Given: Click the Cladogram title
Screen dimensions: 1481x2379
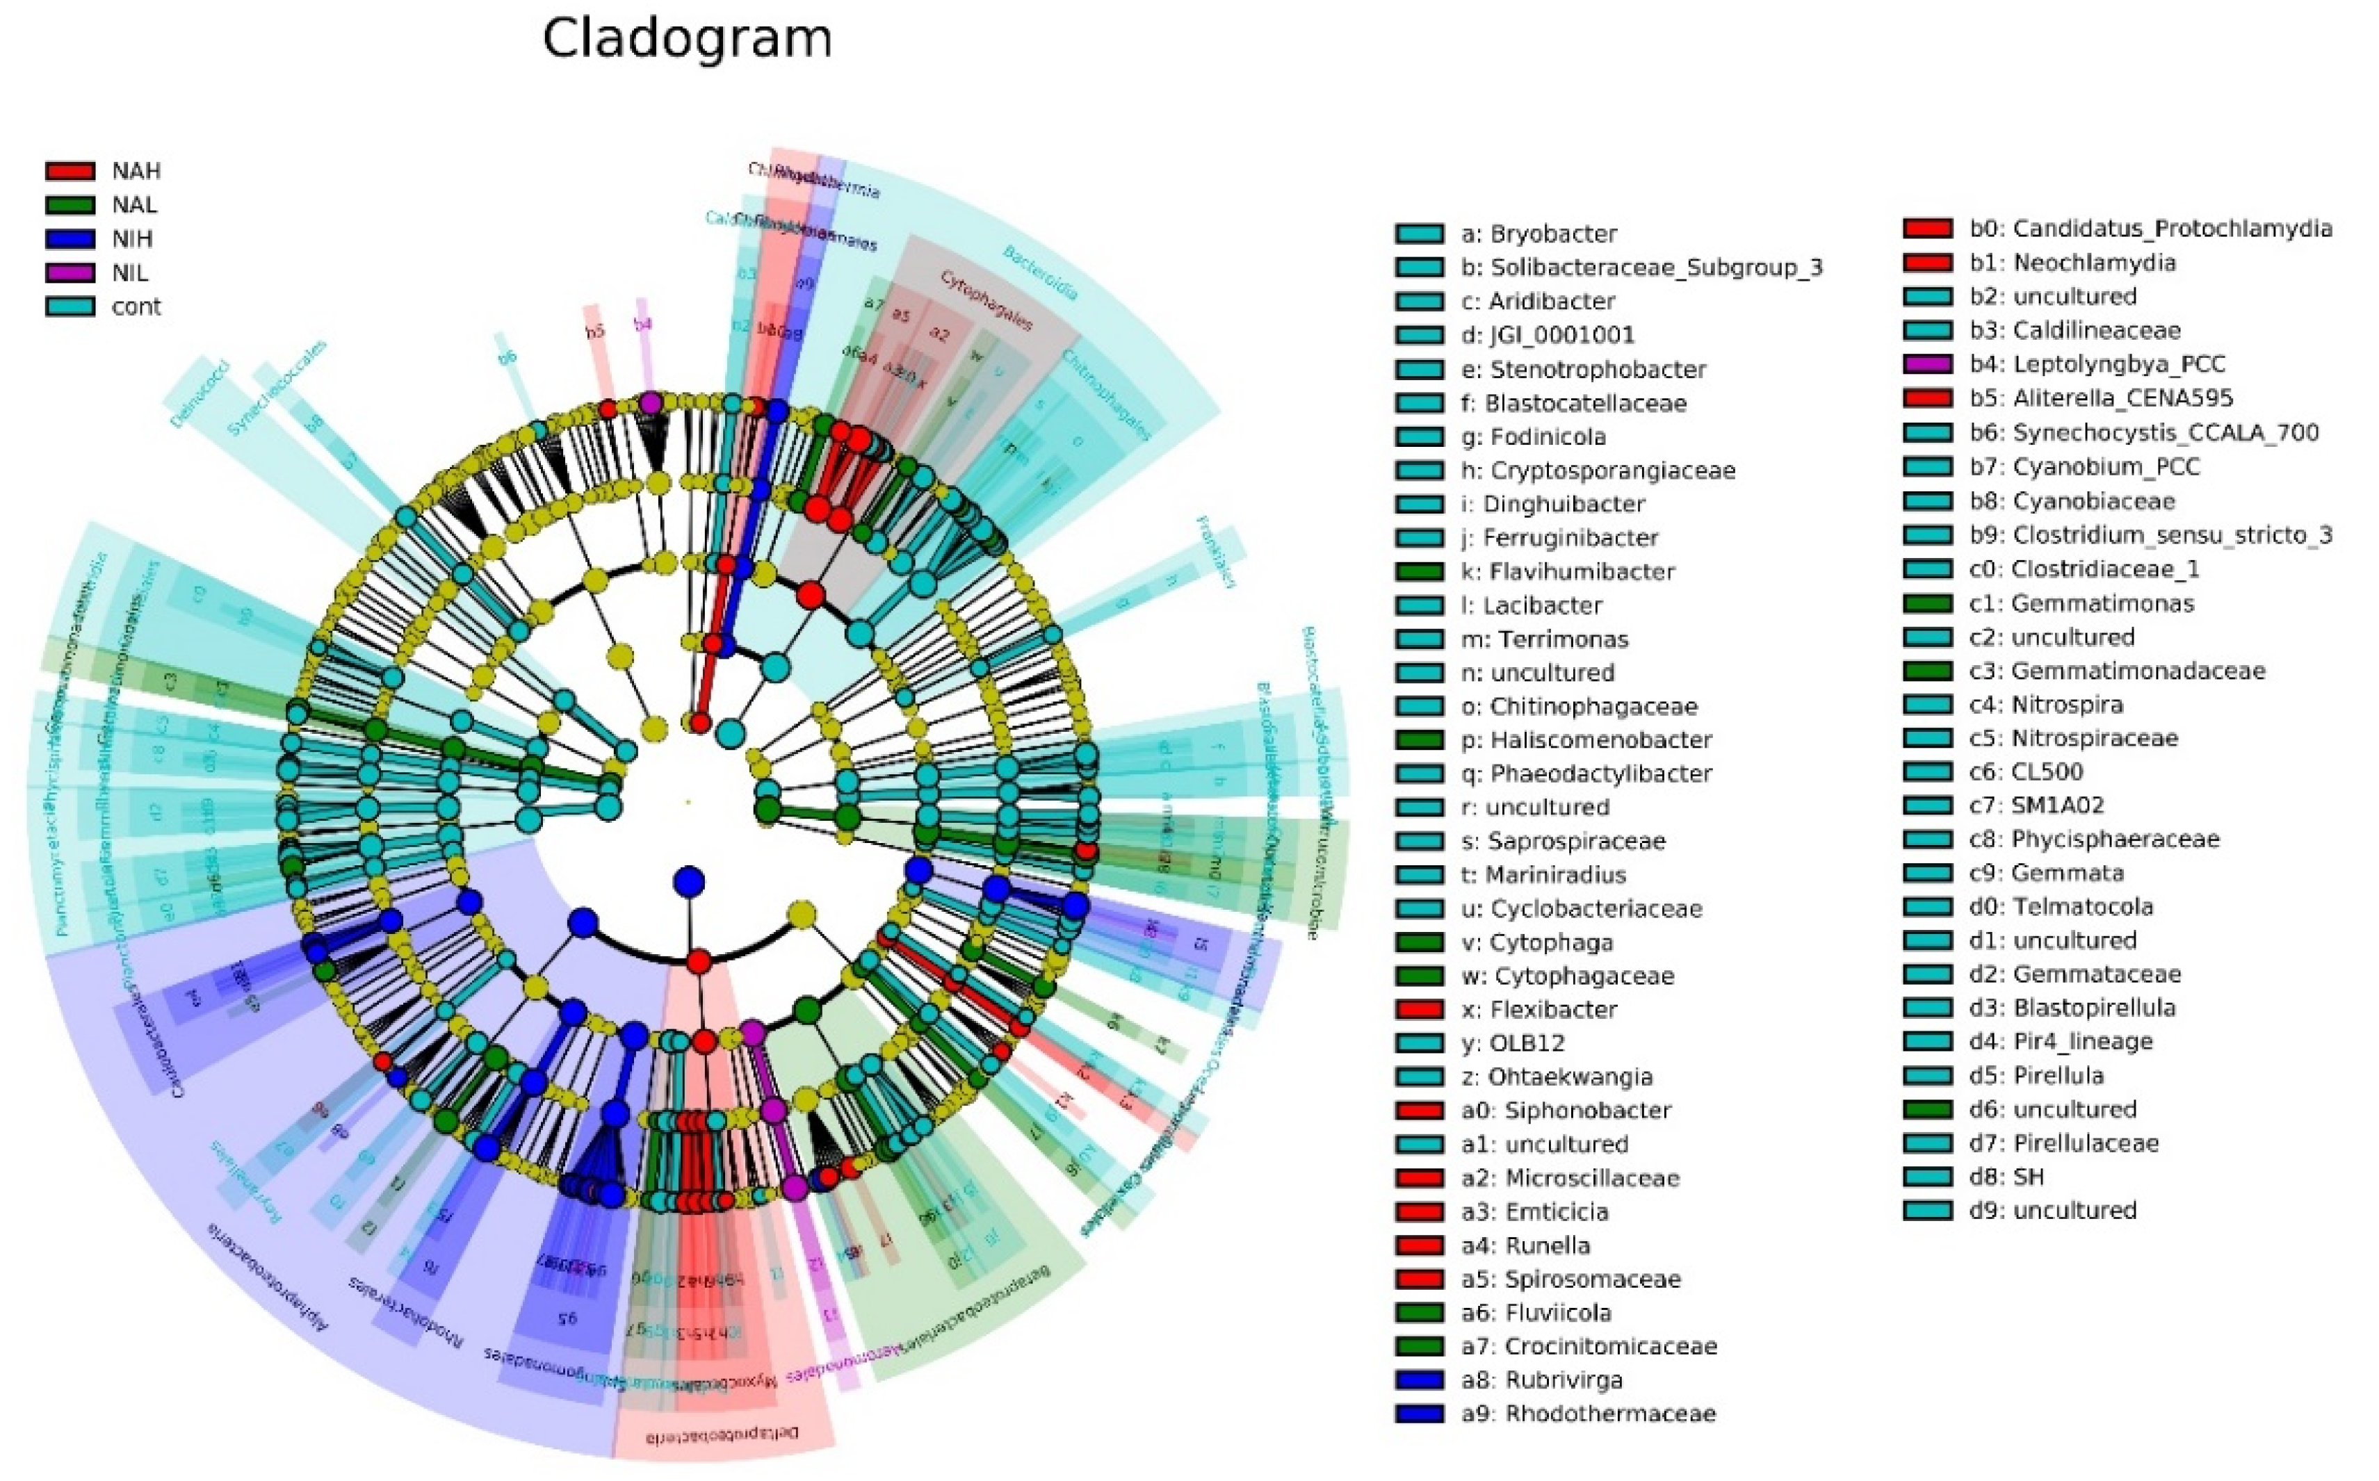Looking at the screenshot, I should pyautogui.click(x=687, y=39).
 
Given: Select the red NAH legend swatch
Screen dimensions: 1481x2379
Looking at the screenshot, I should pyautogui.click(x=70, y=172).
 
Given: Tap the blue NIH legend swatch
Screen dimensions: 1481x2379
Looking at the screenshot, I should pyautogui.click(x=70, y=239).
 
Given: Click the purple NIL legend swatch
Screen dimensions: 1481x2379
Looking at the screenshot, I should pyautogui.click(x=70, y=273).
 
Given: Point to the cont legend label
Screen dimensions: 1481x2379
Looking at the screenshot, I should pyautogui.click(x=136, y=306).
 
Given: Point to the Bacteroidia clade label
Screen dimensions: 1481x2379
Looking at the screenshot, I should pyautogui.click(x=1041, y=272).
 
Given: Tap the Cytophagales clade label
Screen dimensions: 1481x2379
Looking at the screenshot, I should pyautogui.click(x=986, y=301).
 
